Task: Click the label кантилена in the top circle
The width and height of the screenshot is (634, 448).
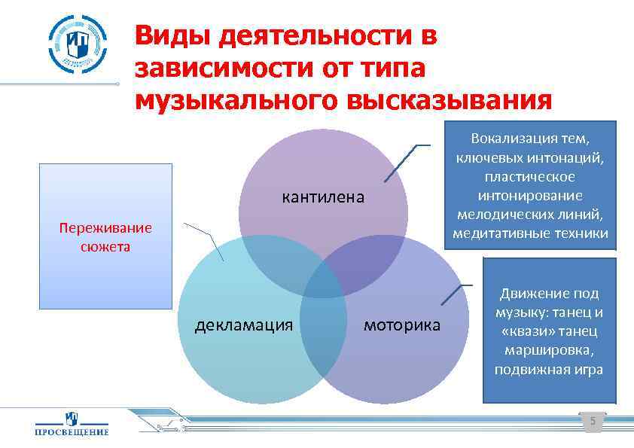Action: [x=322, y=198]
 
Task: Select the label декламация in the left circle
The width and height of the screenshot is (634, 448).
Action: [x=243, y=325]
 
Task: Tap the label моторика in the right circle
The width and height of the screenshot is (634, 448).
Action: [x=402, y=325]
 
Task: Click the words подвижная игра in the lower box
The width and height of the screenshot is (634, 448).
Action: [x=549, y=370]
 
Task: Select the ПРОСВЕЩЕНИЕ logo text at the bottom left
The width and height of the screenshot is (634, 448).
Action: [x=72, y=431]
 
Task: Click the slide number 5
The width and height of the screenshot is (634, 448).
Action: [x=593, y=422]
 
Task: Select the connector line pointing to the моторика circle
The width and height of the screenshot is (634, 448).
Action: [x=453, y=295]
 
